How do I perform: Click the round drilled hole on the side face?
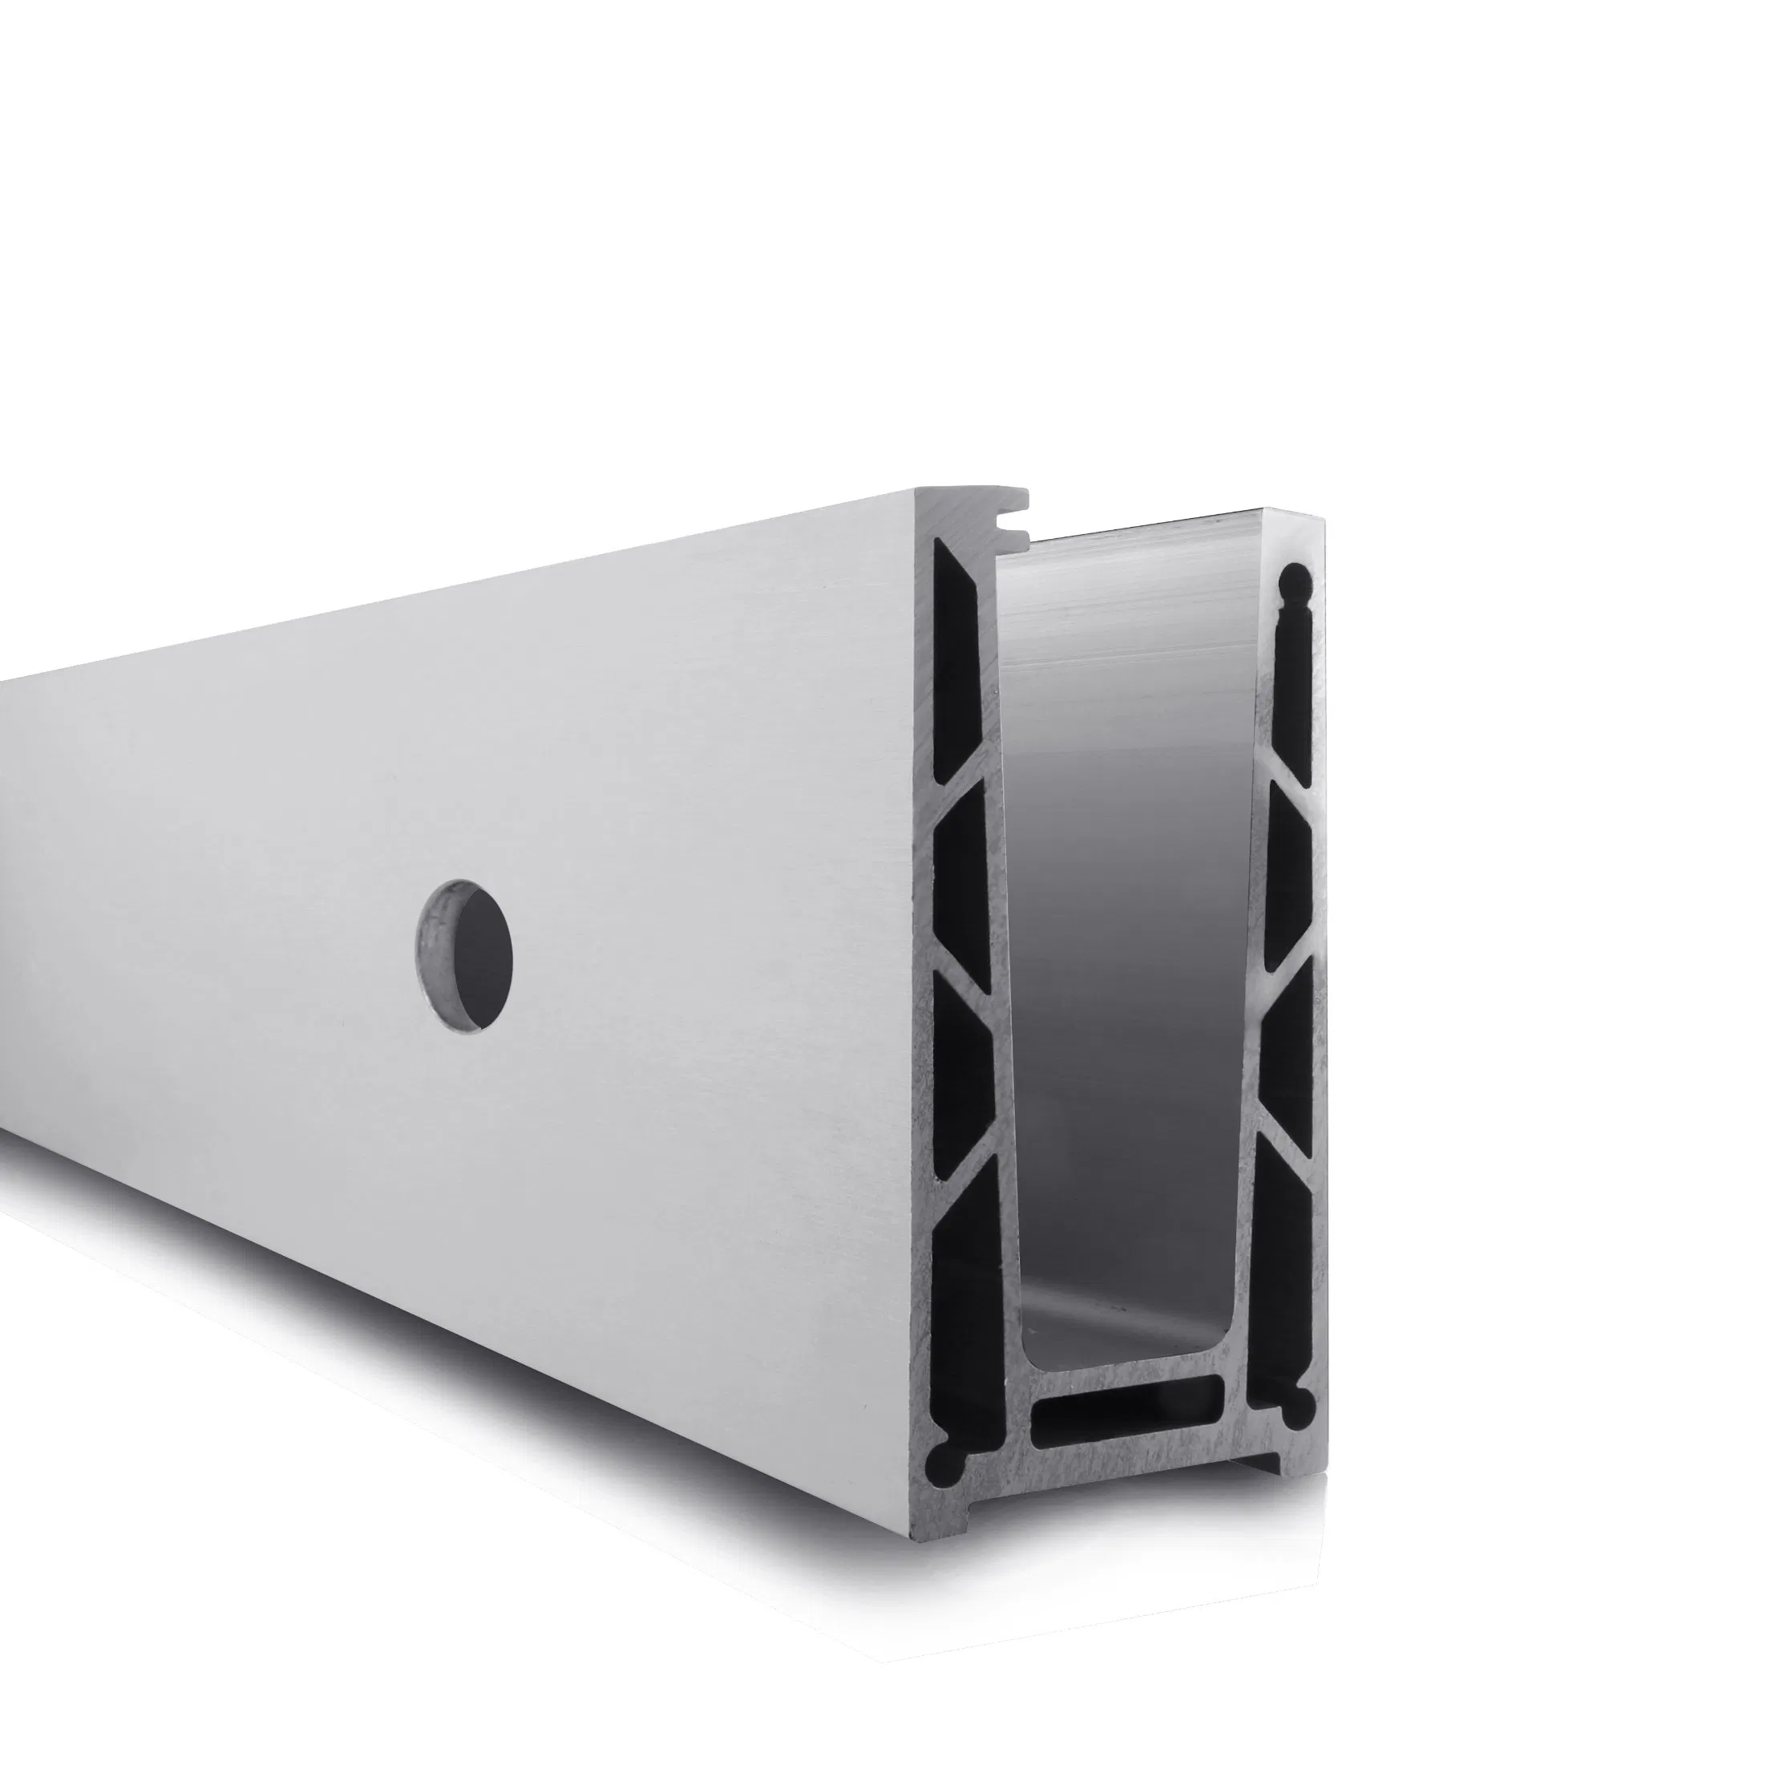coord(465,955)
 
